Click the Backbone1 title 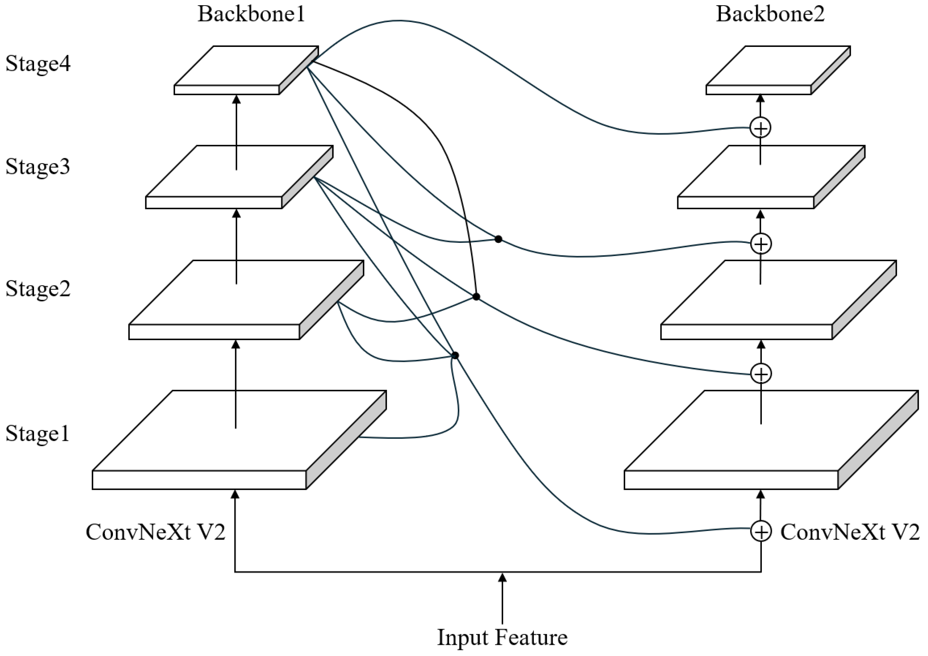click(251, 14)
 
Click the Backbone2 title click(770, 14)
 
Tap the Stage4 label click(38, 63)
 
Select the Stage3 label click(38, 166)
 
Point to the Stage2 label click(38, 289)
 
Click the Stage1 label click(37, 433)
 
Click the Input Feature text click(502, 638)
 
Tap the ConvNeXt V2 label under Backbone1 click(155, 532)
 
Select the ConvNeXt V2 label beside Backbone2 click(849, 532)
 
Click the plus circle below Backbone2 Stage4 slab click(760, 128)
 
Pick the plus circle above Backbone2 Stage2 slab click(761, 244)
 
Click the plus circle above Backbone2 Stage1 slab click(761, 373)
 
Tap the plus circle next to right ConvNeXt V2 click(761, 531)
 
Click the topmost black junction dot click(498, 239)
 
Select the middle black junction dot click(476, 297)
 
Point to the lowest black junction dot click(455, 355)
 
